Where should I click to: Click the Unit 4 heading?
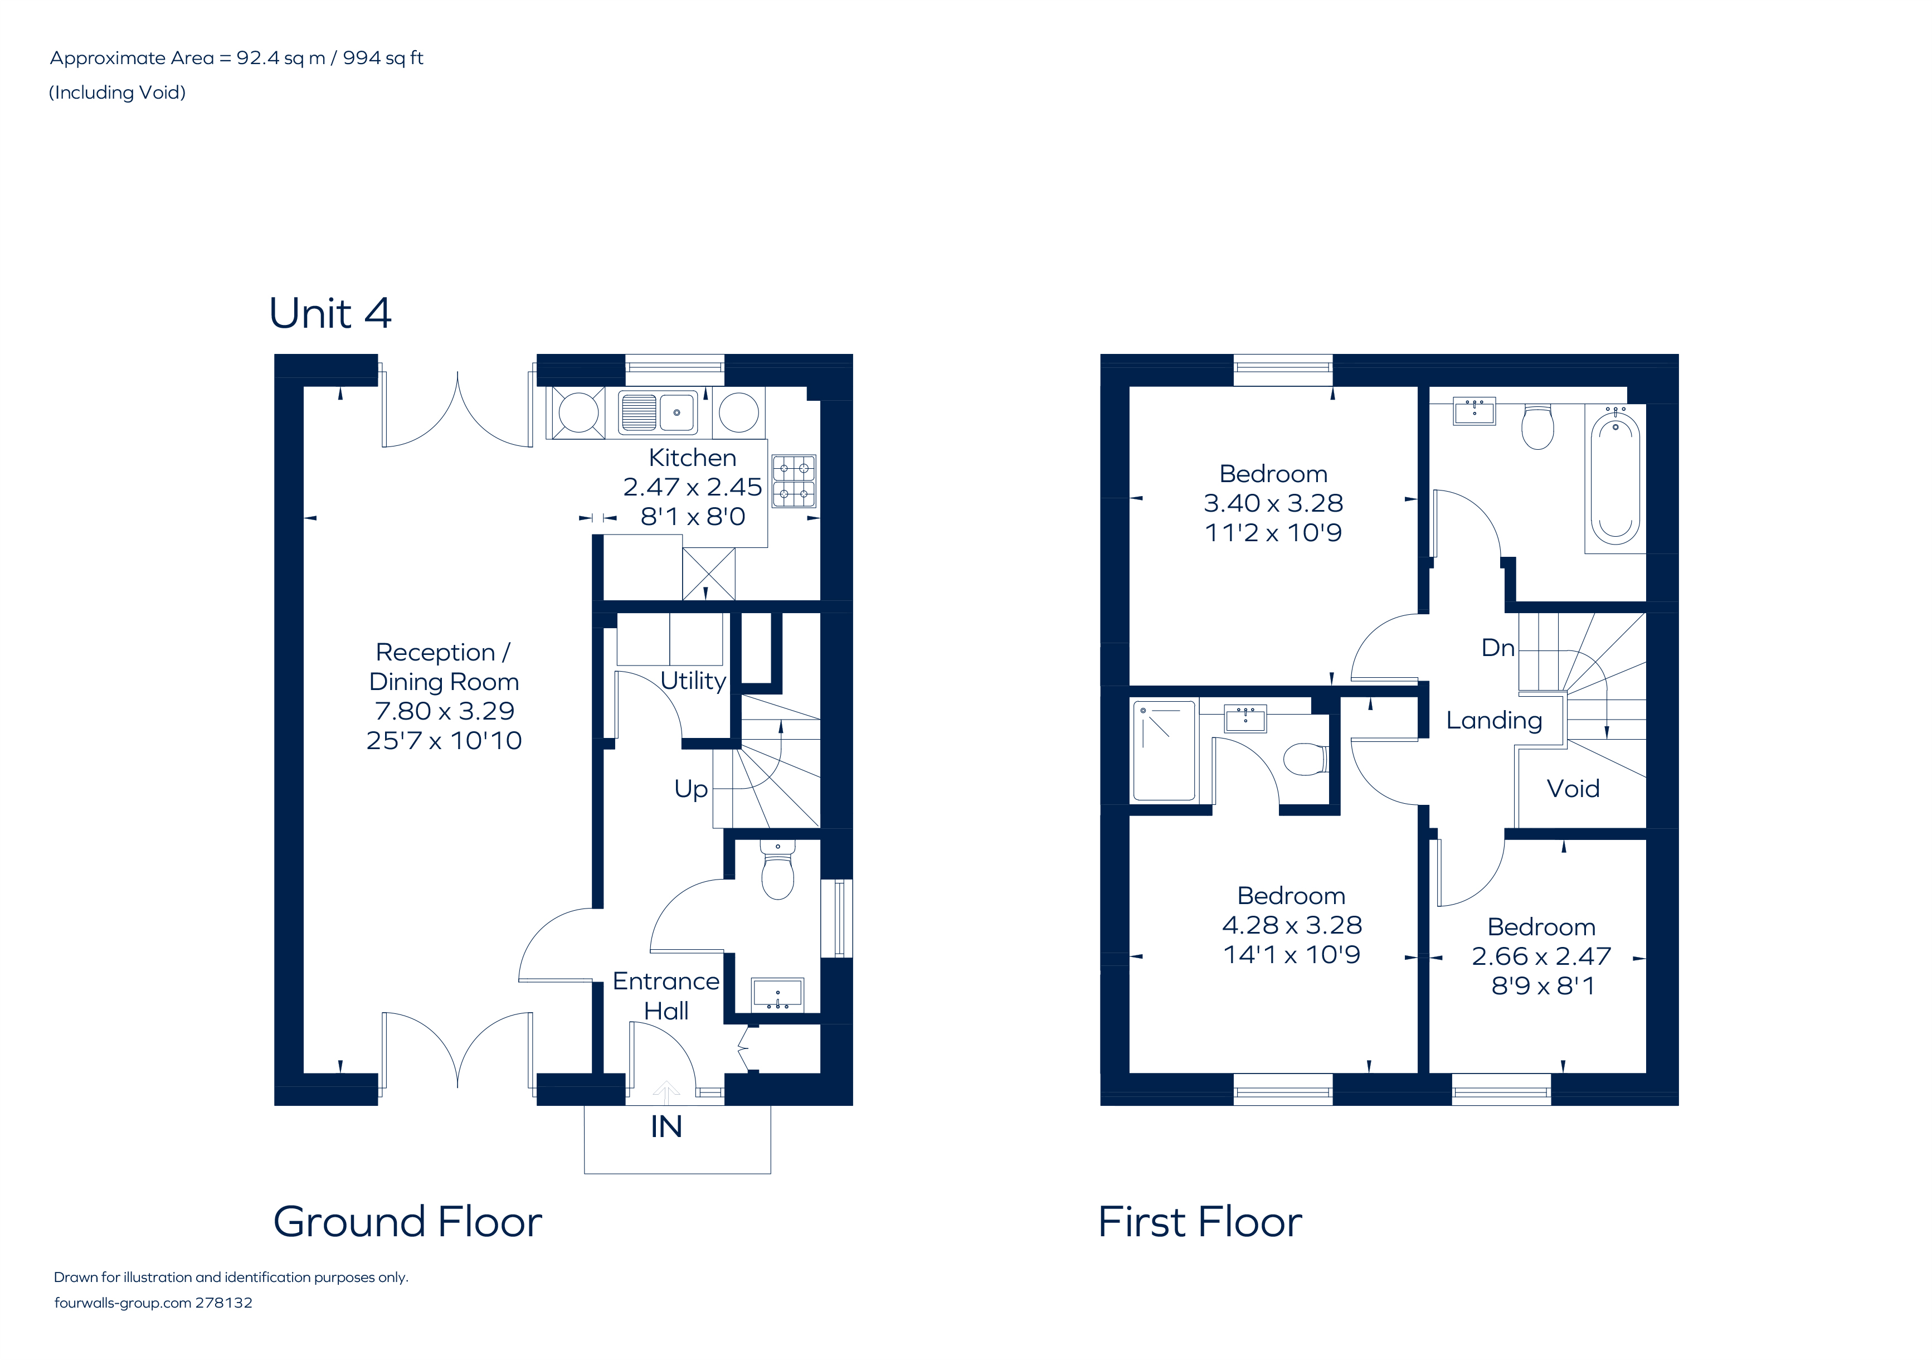coord(330,314)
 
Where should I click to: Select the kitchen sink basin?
coord(677,412)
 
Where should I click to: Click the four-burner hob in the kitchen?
coord(794,480)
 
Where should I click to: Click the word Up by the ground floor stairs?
coord(691,789)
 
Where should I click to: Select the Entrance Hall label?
coord(665,995)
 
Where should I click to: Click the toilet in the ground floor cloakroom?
coord(777,875)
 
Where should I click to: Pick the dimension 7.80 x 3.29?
coord(444,711)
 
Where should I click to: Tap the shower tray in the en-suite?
coord(1164,749)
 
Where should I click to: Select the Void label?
coord(1573,789)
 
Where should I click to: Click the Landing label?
coord(1493,720)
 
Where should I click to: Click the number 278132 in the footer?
coord(224,1303)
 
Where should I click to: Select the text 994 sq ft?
coord(383,58)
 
